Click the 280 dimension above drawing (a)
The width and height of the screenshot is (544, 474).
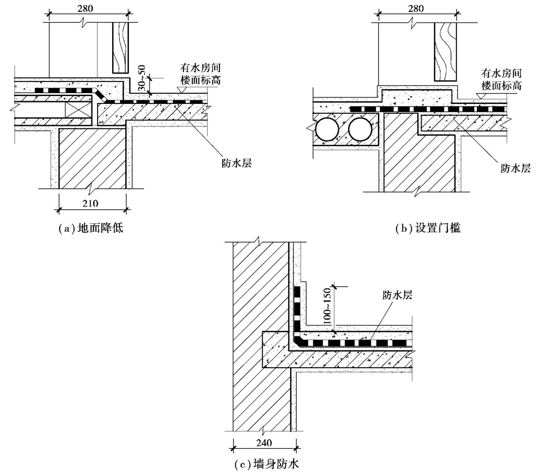click(x=85, y=8)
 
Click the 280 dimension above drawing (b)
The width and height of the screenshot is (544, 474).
click(x=416, y=8)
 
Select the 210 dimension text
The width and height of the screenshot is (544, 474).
click(x=90, y=203)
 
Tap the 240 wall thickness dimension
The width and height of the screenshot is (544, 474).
click(x=264, y=443)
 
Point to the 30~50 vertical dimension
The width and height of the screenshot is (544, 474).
click(x=142, y=78)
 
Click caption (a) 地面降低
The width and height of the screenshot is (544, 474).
click(x=91, y=229)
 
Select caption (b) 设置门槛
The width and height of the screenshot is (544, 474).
click(x=428, y=229)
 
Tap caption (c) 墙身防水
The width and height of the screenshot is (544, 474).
click(x=266, y=464)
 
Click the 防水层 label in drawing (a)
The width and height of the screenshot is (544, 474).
click(x=236, y=163)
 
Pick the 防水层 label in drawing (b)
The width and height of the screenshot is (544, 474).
click(x=515, y=169)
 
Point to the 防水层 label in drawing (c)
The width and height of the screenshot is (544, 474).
click(x=397, y=295)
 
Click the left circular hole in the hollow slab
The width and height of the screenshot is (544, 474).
click(x=327, y=130)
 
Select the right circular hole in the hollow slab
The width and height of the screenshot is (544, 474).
click(x=360, y=130)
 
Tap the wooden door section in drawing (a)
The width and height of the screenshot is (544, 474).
click(x=121, y=48)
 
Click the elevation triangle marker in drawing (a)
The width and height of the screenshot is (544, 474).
click(x=181, y=89)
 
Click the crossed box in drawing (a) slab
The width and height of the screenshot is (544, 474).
click(x=79, y=110)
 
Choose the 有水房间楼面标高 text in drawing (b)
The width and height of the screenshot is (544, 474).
click(x=501, y=79)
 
